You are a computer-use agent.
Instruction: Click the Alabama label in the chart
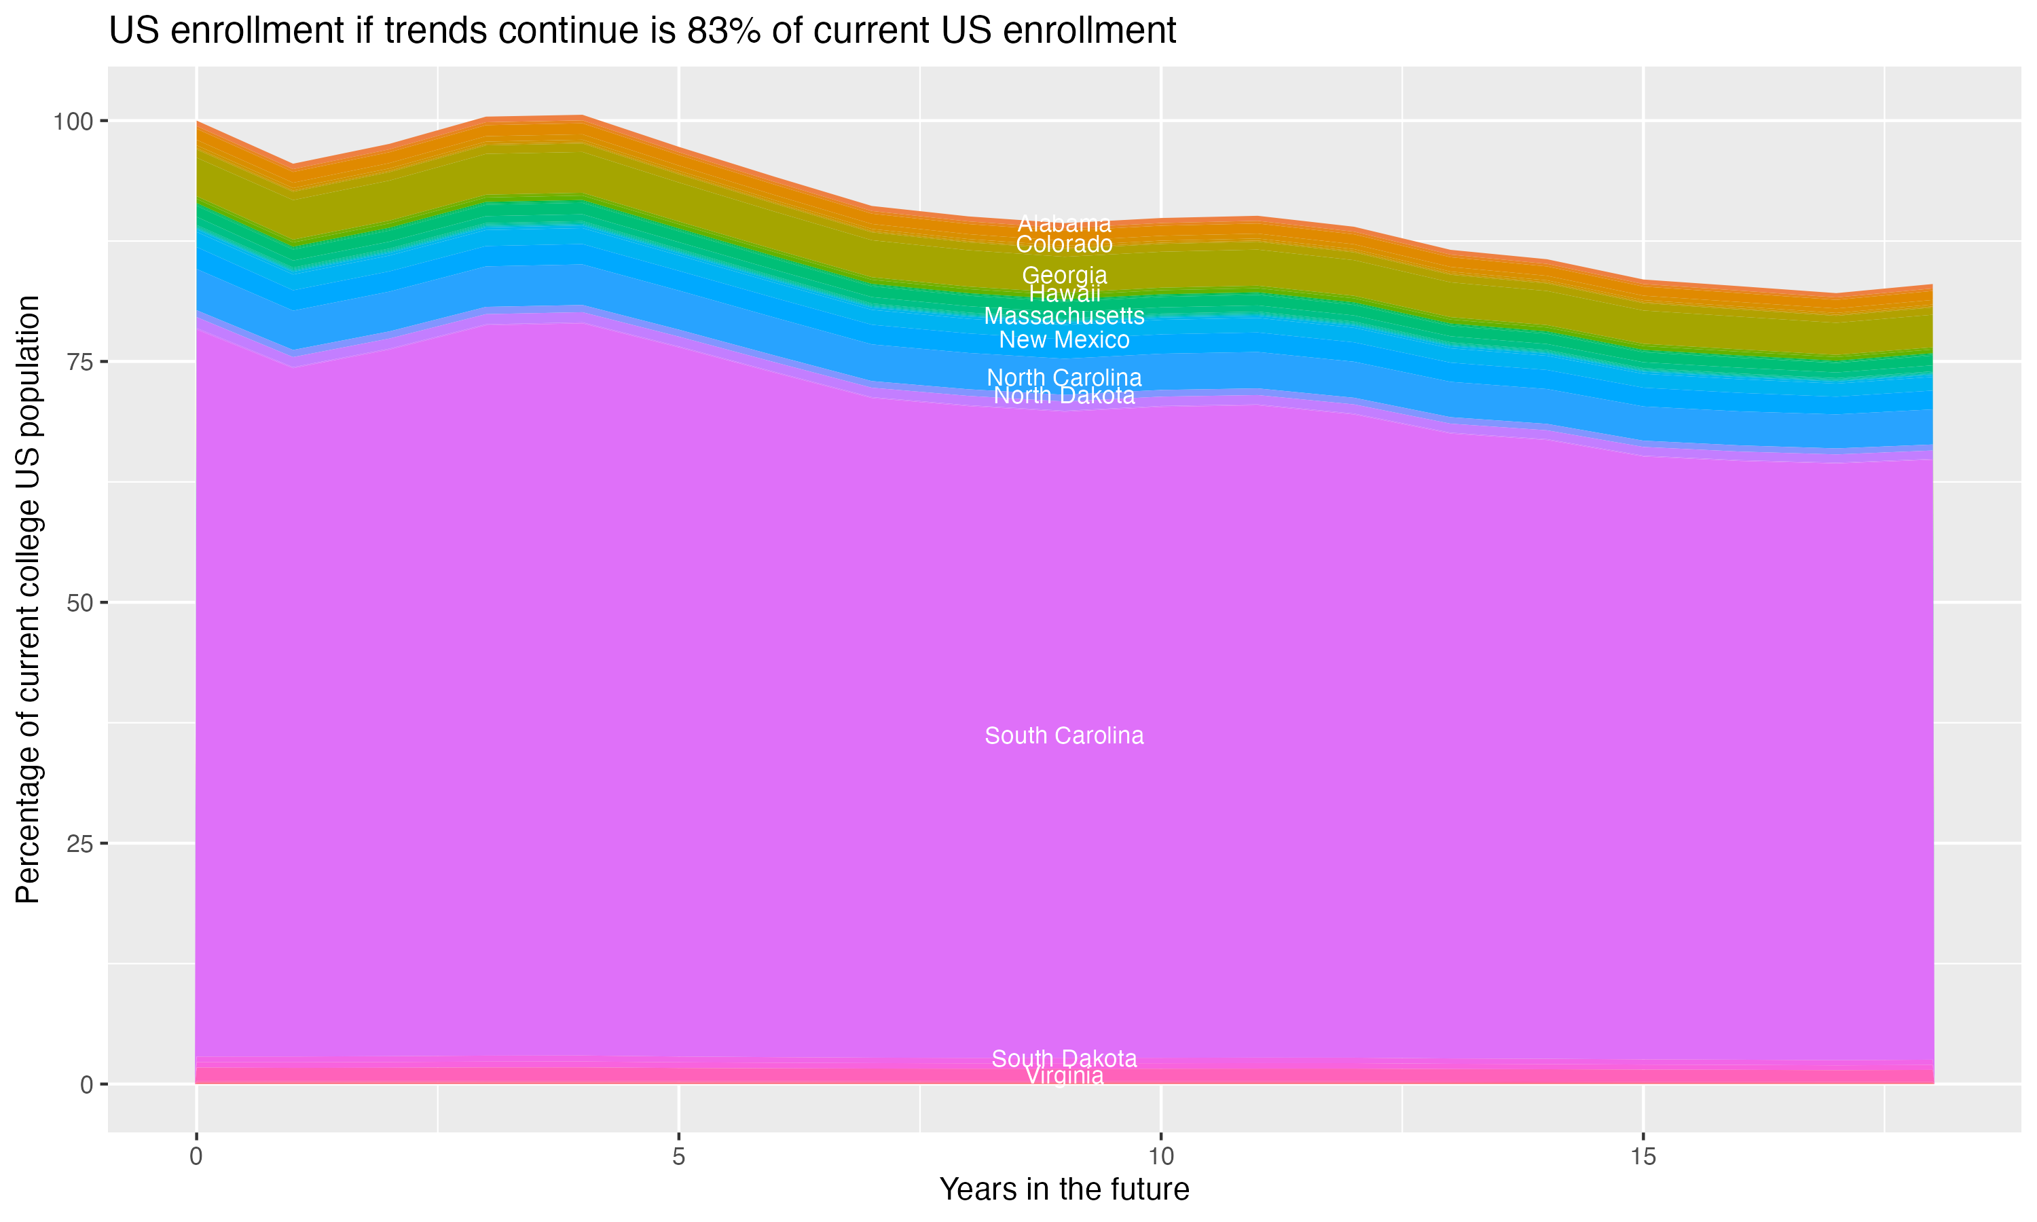[1064, 223]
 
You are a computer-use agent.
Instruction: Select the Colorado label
[1064, 244]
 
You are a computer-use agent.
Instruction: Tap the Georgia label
[1064, 275]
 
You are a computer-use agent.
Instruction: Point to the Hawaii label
[1064, 293]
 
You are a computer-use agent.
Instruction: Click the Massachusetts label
[1064, 316]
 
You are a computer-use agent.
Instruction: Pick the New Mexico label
[1064, 339]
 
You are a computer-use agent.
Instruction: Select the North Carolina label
[1064, 377]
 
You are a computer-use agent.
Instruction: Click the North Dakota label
[1064, 395]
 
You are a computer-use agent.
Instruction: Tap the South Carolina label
[1064, 735]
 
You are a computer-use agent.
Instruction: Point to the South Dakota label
[1064, 1058]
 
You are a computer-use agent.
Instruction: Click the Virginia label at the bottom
[1064, 1076]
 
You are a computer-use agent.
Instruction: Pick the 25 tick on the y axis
[80, 844]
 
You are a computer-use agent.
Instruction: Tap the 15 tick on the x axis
[1643, 1157]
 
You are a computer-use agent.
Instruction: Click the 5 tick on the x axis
[678, 1157]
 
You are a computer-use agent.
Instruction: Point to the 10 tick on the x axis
[1160, 1157]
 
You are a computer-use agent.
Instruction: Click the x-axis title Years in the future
[1064, 1189]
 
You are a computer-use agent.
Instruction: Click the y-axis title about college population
[28, 599]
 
